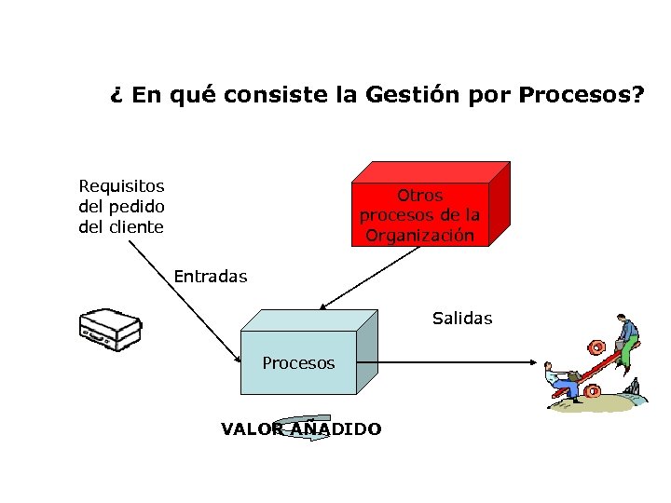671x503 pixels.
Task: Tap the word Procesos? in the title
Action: point(582,95)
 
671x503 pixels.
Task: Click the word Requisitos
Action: point(121,186)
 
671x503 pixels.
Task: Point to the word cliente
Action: point(133,226)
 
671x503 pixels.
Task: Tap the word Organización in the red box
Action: point(420,236)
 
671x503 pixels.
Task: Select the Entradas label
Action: point(211,276)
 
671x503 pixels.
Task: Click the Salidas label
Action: point(462,319)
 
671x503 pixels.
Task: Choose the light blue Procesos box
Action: point(298,362)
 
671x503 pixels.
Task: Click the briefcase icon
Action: point(110,327)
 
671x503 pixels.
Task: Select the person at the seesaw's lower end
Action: point(563,379)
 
